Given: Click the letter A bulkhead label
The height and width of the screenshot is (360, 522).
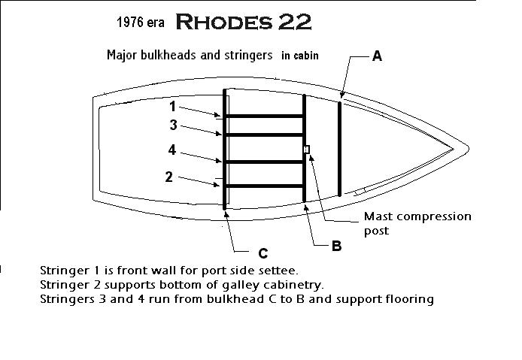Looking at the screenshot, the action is coord(377,56).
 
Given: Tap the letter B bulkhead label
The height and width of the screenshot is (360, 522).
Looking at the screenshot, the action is coord(336,247).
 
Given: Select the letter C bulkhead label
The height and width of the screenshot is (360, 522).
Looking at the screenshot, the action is coord(263,253).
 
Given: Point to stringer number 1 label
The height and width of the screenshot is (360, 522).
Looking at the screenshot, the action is coord(172,107).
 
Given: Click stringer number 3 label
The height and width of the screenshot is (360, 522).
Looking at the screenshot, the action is coord(173,125).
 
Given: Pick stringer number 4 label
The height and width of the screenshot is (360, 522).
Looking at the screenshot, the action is coord(171,150).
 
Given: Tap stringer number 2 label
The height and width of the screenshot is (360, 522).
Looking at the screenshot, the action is coord(169,177).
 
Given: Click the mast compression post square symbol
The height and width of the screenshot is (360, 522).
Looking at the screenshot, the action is coord(307,150).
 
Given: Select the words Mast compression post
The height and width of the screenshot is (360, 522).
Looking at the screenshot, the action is coord(417,223).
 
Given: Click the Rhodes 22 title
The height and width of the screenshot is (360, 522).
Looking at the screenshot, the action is coord(244,22).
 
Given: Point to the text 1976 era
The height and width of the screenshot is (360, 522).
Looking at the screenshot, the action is coord(141,23).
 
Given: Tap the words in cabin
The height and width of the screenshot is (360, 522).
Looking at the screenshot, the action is coord(300,56).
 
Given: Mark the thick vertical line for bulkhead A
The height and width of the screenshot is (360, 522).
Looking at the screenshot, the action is coord(339,149).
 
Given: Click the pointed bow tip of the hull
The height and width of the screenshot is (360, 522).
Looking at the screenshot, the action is coord(469,149).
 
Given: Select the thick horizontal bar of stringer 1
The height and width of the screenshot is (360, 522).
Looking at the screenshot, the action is coord(264,116).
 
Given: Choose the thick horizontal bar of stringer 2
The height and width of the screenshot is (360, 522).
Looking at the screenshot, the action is coord(264,186).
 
